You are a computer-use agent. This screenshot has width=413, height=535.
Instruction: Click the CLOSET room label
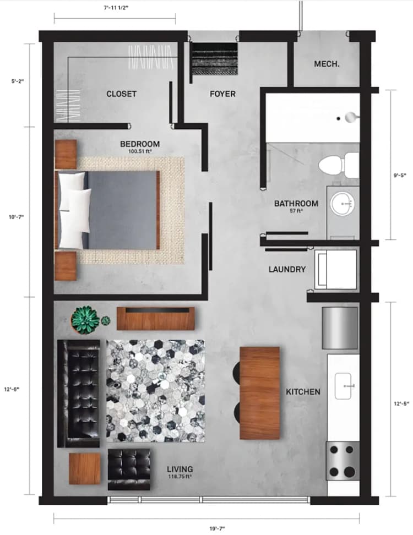[121, 94]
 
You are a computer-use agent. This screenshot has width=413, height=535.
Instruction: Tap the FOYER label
[222, 94]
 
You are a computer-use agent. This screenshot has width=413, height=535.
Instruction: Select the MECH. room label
[327, 64]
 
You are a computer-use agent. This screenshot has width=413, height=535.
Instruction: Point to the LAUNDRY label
[287, 270]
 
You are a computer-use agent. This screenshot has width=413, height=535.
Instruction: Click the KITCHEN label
[303, 392]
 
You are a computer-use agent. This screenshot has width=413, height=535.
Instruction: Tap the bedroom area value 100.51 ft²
[140, 151]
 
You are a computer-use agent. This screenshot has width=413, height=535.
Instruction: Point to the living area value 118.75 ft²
[183, 477]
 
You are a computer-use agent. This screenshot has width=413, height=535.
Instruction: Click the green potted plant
[85, 320]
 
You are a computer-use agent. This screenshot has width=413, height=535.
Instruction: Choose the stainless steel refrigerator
[339, 328]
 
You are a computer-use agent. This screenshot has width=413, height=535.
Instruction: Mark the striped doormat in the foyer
[214, 59]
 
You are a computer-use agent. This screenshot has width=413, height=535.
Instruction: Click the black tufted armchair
[129, 468]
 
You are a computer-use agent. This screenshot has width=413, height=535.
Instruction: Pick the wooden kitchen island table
[260, 392]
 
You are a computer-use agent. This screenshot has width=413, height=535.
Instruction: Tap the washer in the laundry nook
[336, 269]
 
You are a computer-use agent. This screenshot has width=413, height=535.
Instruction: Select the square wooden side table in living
[85, 468]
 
